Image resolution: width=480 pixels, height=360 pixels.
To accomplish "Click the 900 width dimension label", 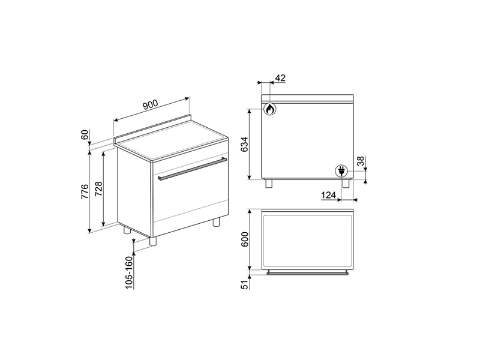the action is coord(151,105).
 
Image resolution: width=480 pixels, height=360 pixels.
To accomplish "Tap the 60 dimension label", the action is coord(85,134).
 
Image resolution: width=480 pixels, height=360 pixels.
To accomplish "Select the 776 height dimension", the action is coord(85,191).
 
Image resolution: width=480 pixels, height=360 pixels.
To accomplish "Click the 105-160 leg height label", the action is coord(130,272).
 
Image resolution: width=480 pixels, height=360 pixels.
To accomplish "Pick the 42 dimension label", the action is coord(280,78).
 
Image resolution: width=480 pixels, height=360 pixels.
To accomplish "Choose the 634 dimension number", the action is coord(245,144).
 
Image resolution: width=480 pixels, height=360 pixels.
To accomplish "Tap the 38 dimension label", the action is coord(362,161).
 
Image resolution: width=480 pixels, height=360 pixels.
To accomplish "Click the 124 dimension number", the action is coord(329,194).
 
